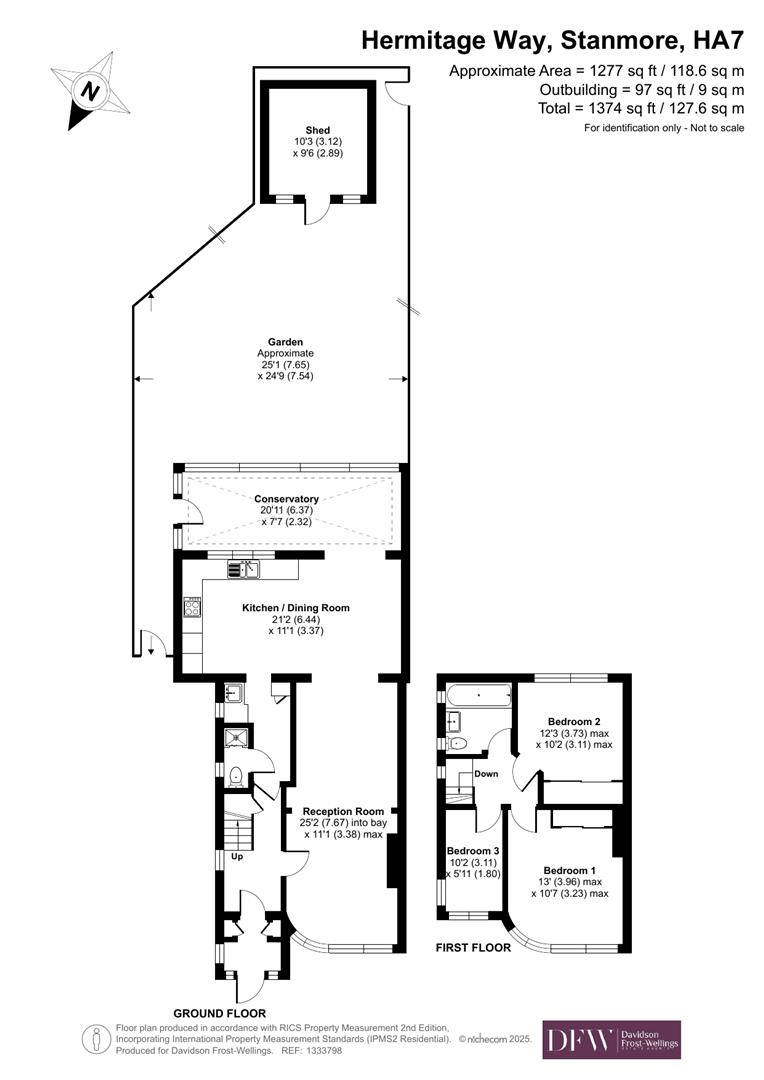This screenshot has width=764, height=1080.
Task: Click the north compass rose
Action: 91,91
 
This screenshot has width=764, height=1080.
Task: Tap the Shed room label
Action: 318,130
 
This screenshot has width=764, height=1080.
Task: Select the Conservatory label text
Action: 286,499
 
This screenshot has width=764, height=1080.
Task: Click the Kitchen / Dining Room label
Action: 296,607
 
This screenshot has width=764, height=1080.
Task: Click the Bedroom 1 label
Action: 570,870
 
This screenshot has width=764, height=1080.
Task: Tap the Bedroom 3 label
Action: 471,850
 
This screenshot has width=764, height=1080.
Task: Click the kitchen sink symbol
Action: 243,570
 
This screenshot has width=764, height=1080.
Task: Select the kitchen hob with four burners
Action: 192,607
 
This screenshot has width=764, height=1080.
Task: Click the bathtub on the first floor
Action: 478,693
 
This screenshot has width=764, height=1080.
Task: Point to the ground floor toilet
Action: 235,774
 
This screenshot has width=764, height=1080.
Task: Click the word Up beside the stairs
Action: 237,857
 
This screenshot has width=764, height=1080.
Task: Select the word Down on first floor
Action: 486,774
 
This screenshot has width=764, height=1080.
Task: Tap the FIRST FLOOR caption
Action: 473,947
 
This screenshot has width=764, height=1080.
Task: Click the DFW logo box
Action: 611,1039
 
